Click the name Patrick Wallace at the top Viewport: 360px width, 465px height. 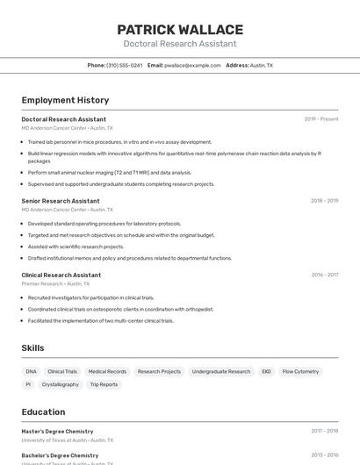(180, 29)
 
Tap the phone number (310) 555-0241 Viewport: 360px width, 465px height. (124, 66)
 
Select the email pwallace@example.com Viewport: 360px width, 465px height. (192, 66)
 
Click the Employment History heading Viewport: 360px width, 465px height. (65, 101)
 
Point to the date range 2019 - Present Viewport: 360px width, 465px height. (321, 119)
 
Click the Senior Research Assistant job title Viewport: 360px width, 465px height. (61, 201)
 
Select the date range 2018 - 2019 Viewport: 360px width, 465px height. (324, 201)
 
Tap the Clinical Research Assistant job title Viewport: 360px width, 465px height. (61, 275)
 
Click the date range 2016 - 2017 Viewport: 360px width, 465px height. (324, 275)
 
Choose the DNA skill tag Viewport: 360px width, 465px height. (32, 372)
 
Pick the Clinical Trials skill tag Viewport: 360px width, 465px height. (62, 372)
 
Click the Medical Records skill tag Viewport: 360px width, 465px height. (107, 372)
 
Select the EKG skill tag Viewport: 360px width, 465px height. (266, 372)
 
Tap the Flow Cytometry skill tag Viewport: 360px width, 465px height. (300, 372)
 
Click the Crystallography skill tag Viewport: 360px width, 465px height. (61, 384)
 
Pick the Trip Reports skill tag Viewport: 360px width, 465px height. (104, 384)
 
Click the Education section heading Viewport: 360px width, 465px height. (43, 412)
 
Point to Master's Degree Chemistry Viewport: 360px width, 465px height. (57, 432)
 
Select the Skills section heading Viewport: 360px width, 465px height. (32, 348)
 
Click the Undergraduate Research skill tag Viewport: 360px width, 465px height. (221, 372)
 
